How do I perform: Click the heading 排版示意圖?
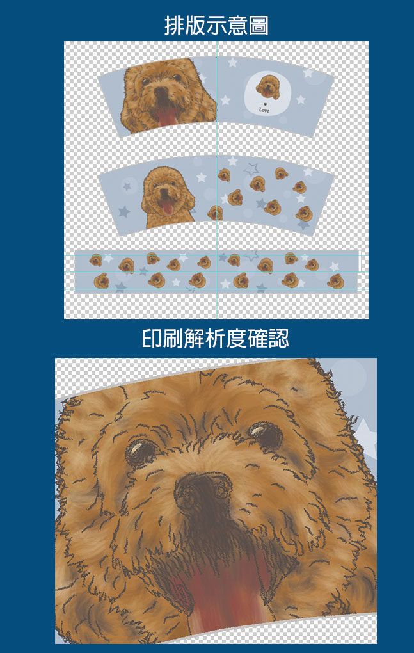tap(216, 26)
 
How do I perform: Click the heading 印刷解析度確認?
tap(216, 339)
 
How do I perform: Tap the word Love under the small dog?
tap(264, 110)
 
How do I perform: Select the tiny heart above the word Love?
tap(265, 104)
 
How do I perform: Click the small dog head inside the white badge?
tap(267, 87)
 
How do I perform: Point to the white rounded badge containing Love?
tap(266, 93)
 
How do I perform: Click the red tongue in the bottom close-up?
tap(227, 595)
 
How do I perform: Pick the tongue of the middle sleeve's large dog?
tap(168, 207)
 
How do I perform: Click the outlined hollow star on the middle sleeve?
tap(251, 169)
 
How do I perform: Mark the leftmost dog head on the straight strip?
tap(95, 261)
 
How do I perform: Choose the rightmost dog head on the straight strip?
tap(335, 282)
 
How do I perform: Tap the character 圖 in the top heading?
tap(259, 26)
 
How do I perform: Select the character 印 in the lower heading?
tap(151, 339)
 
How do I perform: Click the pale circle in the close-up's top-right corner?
tap(349, 373)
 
